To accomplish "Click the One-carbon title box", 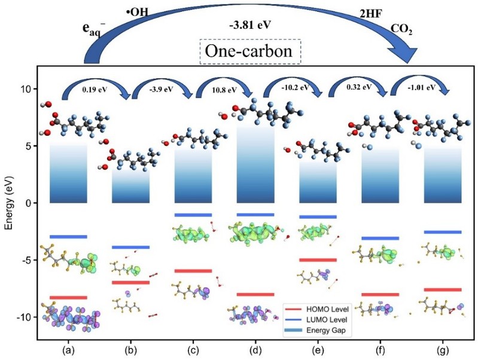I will click(x=250, y=52).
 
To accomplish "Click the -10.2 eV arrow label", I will click(x=293, y=87).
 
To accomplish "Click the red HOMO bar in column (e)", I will click(x=318, y=260).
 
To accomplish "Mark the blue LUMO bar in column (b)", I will click(x=131, y=247).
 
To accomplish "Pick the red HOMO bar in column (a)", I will click(x=68, y=297).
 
